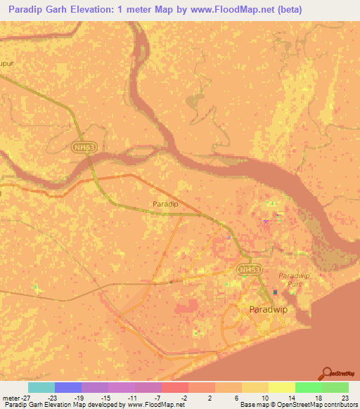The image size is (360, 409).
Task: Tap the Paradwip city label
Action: point(268,309)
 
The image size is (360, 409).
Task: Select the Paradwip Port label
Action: point(294,279)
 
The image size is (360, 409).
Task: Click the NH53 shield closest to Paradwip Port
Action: point(247,270)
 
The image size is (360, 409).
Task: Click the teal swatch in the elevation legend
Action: point(41,387)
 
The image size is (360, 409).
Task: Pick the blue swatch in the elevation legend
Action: point(68,387)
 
